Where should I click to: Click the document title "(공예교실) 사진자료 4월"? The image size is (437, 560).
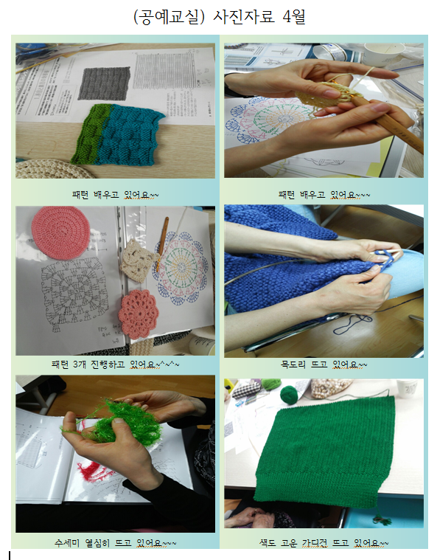coord(219,17)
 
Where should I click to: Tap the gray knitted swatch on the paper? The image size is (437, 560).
coord(104,83)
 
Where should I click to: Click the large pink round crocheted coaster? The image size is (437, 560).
coord(60,232)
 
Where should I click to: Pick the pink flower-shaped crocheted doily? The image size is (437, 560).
coord(139,314)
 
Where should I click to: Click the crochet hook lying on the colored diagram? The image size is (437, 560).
coord(161,243)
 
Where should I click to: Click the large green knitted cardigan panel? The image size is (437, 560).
coord(323,452)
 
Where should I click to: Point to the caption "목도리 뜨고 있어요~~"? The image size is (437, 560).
coord(324,364)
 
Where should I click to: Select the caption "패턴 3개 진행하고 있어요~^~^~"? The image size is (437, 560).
coord(115,364)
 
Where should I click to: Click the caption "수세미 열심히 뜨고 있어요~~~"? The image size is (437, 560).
coord(115,544)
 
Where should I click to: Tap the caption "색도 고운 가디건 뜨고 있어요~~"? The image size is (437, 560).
coord(324,544)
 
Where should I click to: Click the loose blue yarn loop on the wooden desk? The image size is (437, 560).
coord(352,325)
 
